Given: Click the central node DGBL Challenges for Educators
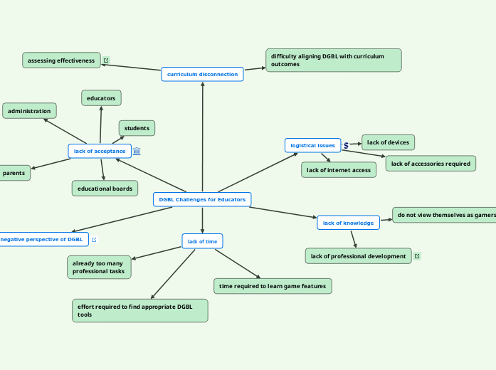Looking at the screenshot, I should (202, 200).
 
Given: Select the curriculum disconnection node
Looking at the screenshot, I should (202, 74).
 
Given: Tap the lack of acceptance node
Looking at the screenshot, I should (100, 151).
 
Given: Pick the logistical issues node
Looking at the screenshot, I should (312, 145).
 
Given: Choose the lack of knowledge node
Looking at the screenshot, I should (348, 223).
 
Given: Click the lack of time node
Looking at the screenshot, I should (202, 241).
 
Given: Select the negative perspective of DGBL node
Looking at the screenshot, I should (43, 240).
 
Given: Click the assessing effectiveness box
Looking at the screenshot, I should (61, 60).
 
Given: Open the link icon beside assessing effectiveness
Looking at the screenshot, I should (106, 60).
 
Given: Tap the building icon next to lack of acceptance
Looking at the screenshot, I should (137, 151).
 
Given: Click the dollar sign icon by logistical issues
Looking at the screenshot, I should (346, 145).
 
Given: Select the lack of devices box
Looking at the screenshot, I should (388, 142).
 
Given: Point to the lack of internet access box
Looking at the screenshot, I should (339, 170).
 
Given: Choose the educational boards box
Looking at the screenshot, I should (105, 189).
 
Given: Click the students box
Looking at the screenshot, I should (137, 128).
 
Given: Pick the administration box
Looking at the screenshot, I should (29, 111).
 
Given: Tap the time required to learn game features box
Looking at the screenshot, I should (273, 286).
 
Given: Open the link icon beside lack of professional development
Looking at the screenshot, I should (417, 256).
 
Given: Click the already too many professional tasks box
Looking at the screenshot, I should (99, 268).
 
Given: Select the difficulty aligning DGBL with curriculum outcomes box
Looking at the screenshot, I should (333, 60).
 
